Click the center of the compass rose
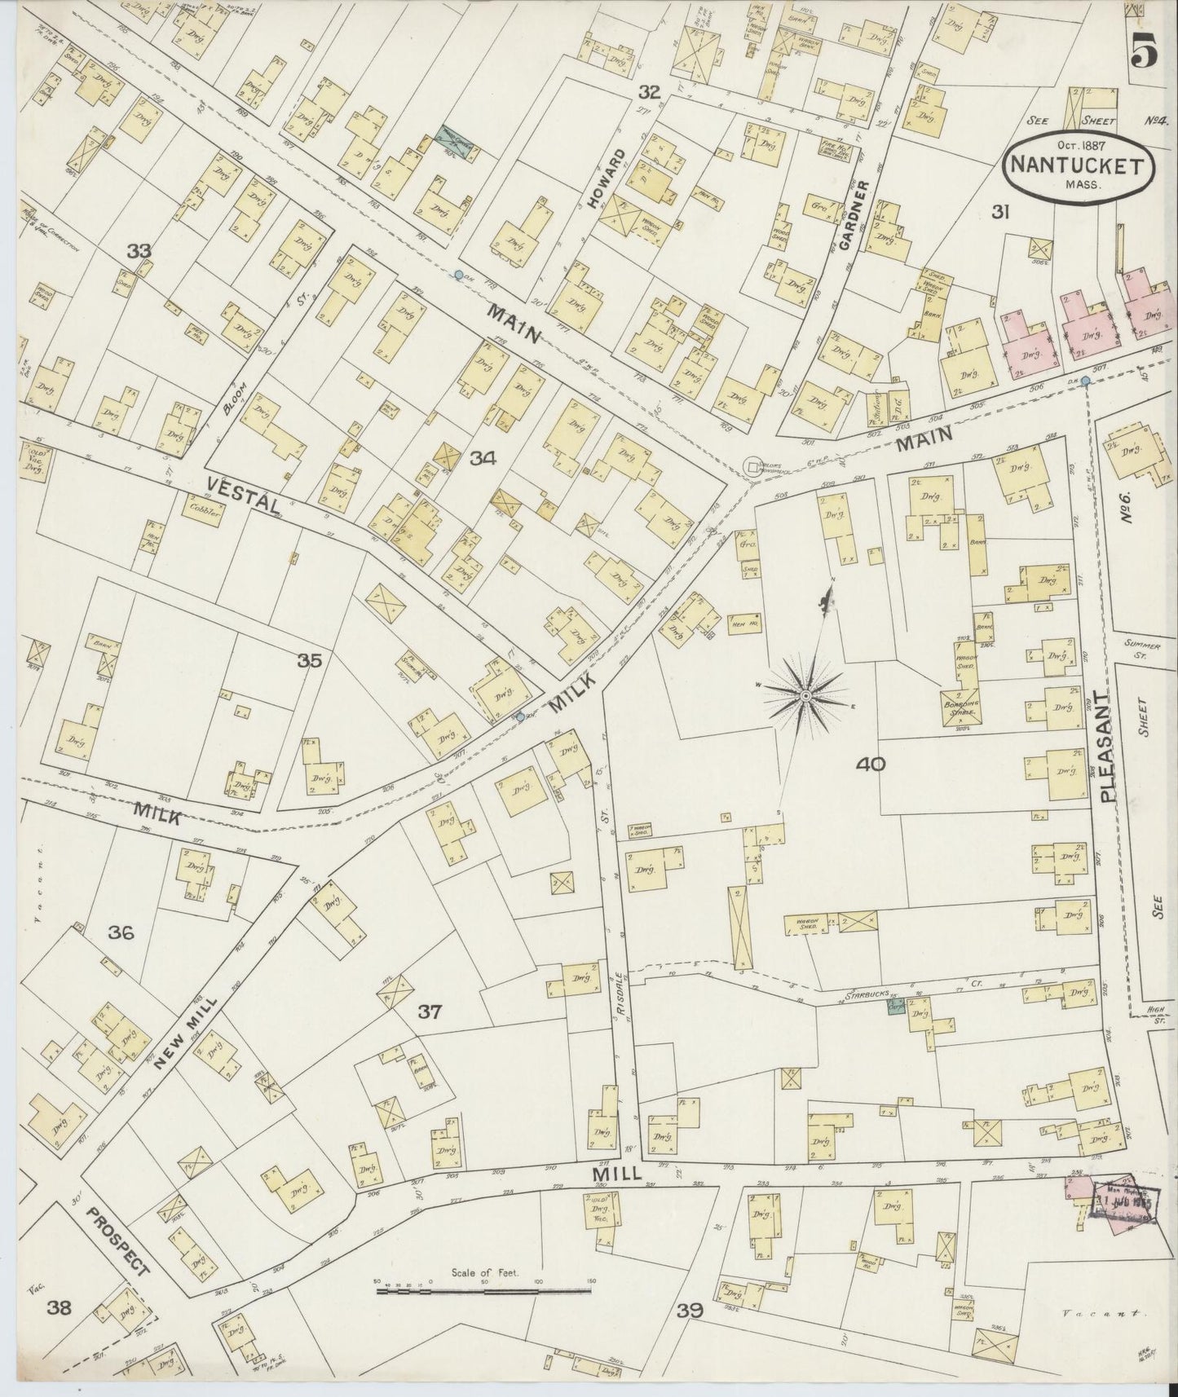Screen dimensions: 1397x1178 coord(805,694)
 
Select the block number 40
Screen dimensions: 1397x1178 coord(871,764)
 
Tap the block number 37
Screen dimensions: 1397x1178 coord(430,1012)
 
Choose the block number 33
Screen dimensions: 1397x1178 coord(139,252)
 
